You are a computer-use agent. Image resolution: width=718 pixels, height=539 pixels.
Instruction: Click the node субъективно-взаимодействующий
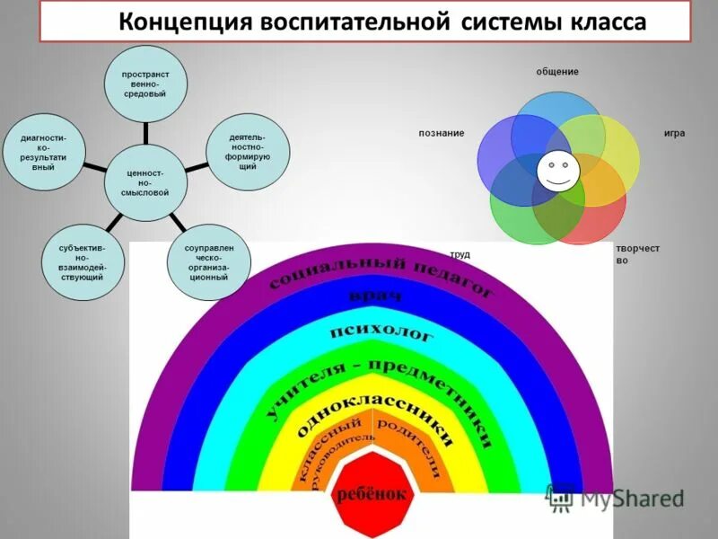pyautogui.click(x=74, y=262)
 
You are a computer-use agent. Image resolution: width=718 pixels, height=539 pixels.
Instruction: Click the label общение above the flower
pyautogui.click(x=557, y=71)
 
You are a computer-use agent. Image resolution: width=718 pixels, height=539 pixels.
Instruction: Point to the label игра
pyautogui.click(x=674, y=133)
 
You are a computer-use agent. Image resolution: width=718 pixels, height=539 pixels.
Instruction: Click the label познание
pyautogui.click(x=441, y=133)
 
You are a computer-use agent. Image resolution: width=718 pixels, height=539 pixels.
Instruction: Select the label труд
pyautogui.click(x=460, y=254)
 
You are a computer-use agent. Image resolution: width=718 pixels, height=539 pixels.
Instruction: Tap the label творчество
pyautogui.click(x=637, y=253)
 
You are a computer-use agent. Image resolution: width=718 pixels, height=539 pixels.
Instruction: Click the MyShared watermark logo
pyautogui.click(x=616, y=497)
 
